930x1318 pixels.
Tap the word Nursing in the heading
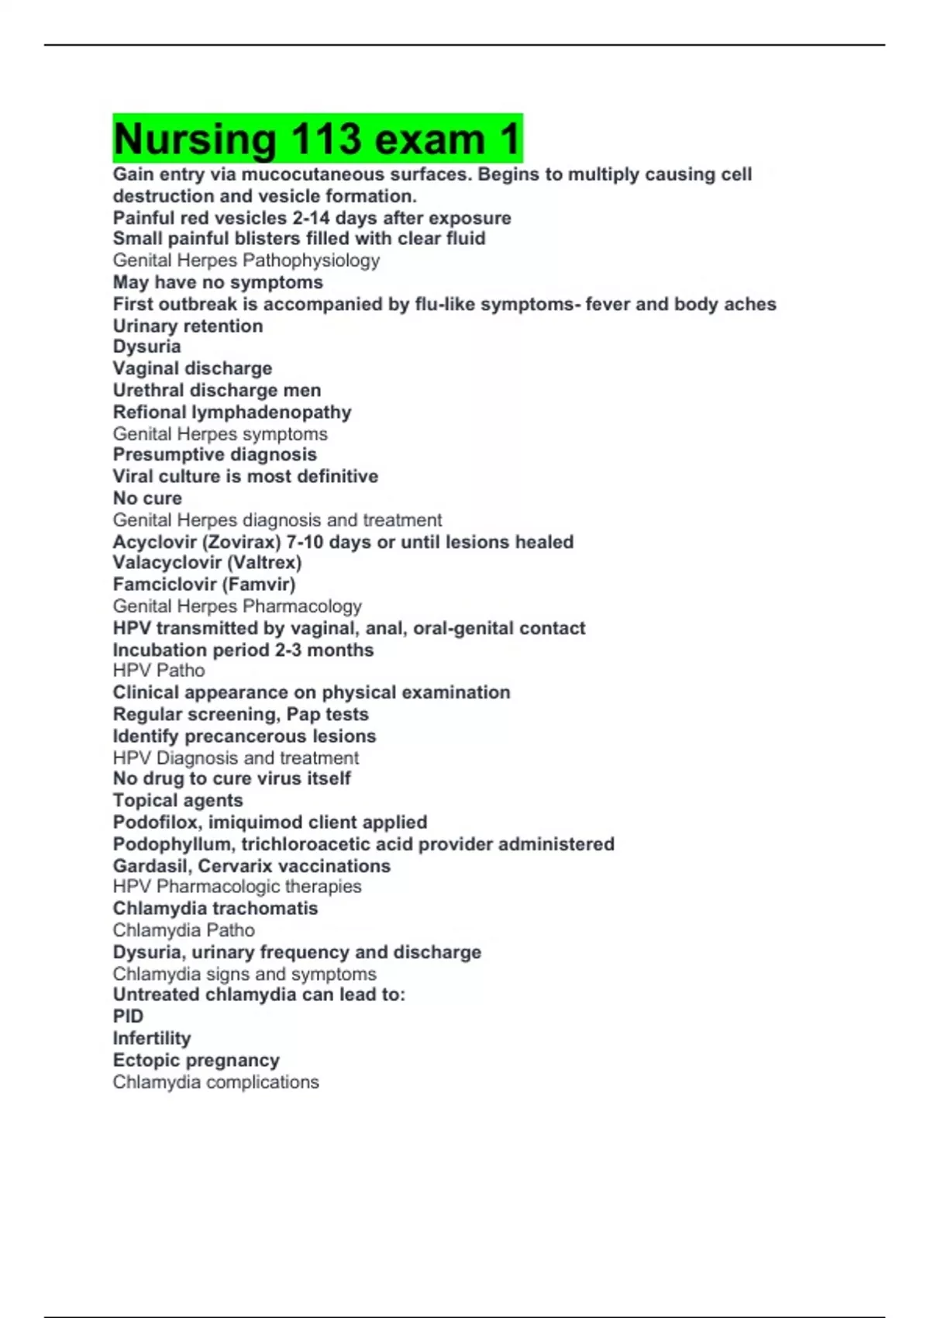click(195, 140)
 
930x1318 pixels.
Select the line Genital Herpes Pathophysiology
click(246, 260)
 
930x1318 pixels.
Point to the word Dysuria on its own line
click(146, 347)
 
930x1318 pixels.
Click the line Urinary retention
click(188, 326)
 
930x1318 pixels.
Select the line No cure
click(147, 498)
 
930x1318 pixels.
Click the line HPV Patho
click(159, 671)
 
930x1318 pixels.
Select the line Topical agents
click(177, 800)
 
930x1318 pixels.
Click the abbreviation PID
click(128, 1016)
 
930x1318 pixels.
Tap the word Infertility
click(152, 1038)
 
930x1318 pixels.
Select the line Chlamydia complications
click(215, 1082)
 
